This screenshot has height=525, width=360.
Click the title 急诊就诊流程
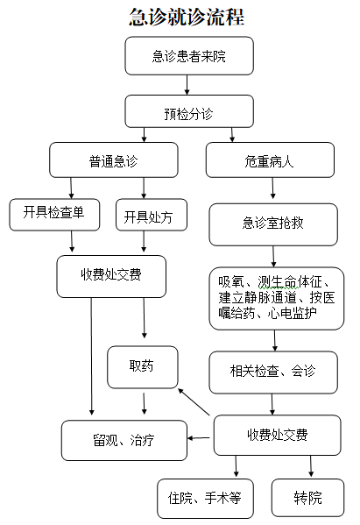[187, 17]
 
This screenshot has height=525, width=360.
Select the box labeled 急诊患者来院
[189, 56]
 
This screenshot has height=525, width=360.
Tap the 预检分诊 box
[189, 111]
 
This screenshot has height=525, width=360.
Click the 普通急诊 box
[113, 160]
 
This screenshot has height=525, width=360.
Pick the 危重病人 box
[270, 160]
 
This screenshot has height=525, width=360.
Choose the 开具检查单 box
[54, 215]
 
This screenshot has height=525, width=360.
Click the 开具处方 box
[152, 215]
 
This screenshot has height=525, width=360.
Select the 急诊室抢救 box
[273, 224]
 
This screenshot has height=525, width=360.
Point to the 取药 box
[143, 367]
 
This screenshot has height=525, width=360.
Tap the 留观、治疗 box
[124, 440]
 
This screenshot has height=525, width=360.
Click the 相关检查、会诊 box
[273, 372]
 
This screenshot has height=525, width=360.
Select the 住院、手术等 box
[205, 499]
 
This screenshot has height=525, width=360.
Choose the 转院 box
[307, 498]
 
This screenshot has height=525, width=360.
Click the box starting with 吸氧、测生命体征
[277, 299]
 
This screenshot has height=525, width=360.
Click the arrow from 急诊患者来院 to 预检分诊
[187, 85]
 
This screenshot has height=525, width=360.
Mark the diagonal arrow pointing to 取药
[194, 401]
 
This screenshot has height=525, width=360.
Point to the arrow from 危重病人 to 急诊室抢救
[272, 188]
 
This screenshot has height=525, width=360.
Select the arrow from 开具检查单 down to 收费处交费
[72, 241]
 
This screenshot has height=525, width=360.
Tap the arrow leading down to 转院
[311, 466]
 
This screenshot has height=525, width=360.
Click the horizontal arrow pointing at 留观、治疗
[199, 438]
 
